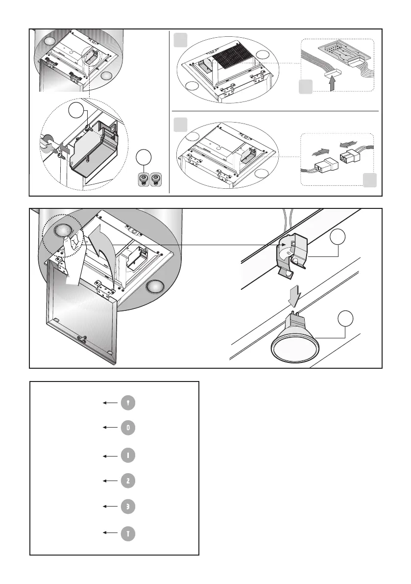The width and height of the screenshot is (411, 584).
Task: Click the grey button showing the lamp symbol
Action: [x=128, y=403]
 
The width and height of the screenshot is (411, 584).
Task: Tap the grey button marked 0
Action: [x=128, y=428]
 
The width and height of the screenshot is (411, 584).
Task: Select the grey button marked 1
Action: [x=128, y=456]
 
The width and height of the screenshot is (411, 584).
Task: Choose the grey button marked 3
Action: [x=128, y=507]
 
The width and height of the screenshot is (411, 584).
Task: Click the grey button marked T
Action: [x=128, y=533]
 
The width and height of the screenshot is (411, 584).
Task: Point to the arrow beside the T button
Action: [x=111, y=533]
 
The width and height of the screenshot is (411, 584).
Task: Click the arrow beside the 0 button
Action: [x=111, y=428]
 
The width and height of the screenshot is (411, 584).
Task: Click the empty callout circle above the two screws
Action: [x=144, y=157]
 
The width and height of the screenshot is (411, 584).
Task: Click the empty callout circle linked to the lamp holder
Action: [x=338, y=236]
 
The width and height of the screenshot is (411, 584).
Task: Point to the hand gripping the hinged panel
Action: [x=73, y=256]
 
